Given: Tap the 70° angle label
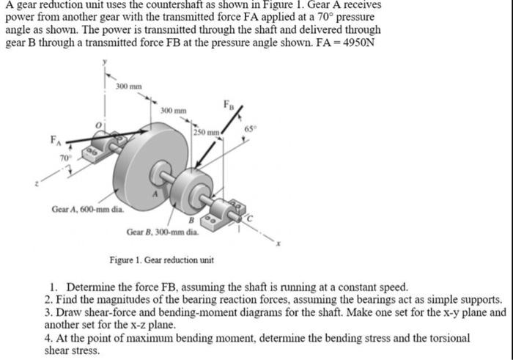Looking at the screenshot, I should click(64, 157).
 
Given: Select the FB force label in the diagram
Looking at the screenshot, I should click(228, 103).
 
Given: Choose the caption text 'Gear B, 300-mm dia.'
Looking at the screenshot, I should click(162, 232).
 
